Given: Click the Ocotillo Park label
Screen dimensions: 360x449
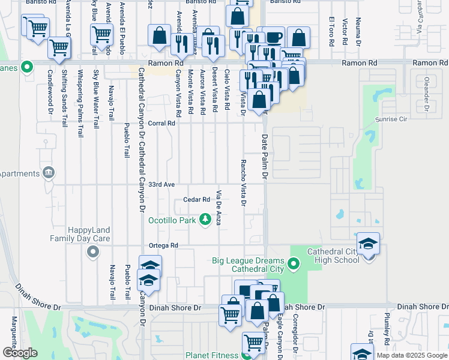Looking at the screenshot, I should point(173,220).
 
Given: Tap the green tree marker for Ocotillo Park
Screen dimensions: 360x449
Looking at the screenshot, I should point(205,220).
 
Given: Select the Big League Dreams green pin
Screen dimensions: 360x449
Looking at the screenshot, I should point(293,263).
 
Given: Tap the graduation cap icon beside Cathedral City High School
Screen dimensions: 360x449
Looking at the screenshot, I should point(368,244).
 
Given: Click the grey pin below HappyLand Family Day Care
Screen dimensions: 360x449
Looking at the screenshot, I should point(92,253).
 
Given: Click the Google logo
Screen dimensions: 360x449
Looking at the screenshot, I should point(20,352).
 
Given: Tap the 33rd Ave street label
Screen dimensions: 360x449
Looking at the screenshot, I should point(161,184).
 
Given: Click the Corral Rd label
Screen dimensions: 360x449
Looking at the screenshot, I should point(162,123).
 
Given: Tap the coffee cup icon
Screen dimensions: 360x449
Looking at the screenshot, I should point(274,37).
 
